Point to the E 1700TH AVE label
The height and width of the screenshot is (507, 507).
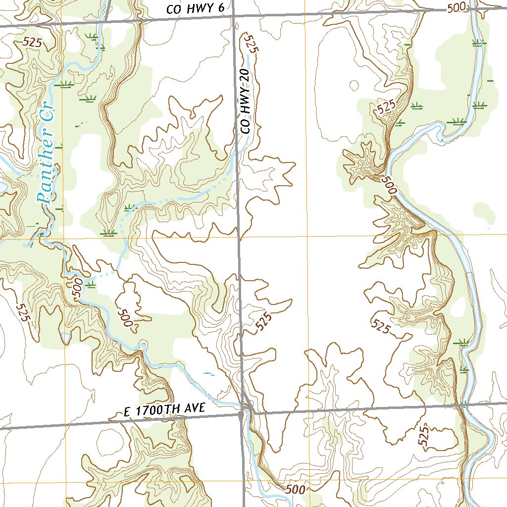tap(163, 410)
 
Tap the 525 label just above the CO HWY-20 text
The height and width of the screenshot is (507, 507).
tap(252, 44)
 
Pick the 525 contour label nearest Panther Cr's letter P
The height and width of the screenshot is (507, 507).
tap(32, 43)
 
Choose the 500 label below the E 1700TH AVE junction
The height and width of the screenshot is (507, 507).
tap(295, 489)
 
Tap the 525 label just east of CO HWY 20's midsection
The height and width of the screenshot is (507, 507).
tap(264, 321)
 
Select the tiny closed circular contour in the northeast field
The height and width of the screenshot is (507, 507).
tap(355, 85)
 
